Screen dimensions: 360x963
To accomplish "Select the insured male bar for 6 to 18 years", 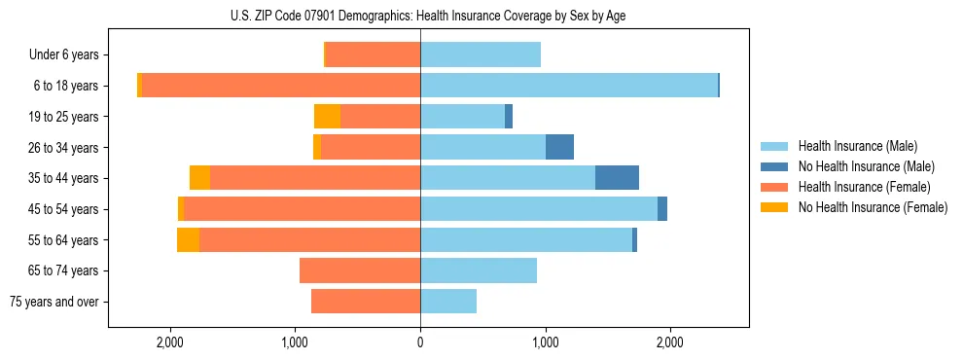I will [569, 86].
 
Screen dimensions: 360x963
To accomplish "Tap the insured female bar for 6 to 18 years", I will [281, 86].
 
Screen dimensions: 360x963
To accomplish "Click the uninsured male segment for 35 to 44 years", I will [617, 178].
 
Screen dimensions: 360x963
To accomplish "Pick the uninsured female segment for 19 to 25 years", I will [328, 117].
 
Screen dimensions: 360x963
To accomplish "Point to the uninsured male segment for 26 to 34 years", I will [559, 147].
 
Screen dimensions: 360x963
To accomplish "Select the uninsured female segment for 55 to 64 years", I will [188, 239].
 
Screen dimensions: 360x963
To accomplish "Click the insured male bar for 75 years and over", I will [448, 302].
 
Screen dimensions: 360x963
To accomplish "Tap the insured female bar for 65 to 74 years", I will [360, 270].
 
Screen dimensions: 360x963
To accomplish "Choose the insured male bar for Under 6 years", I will [481, 54].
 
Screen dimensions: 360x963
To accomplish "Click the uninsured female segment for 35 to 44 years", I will [199, 178].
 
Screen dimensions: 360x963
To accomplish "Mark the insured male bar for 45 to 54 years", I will [539, 209].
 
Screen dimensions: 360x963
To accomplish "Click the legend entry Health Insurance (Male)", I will [856, 146].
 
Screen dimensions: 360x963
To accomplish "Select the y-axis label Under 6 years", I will [70, 54].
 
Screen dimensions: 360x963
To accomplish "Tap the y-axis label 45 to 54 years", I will [70, 209].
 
